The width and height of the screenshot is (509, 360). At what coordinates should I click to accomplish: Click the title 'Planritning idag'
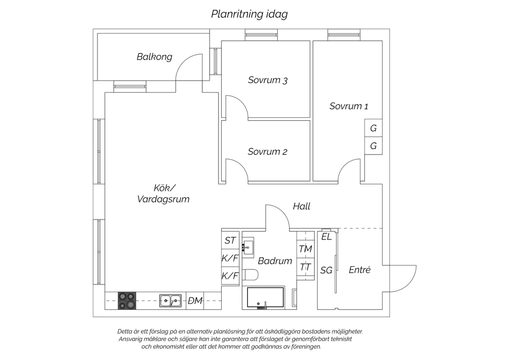(249, 14)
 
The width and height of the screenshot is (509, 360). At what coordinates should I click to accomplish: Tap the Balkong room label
(154, 57)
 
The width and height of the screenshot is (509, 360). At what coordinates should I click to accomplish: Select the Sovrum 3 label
(268, 80)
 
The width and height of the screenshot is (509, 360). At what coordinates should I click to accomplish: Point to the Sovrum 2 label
(267, 152)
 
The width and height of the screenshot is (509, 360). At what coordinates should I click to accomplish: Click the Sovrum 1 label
(349, 106)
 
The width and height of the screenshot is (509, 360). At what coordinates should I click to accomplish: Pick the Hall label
(302, 206)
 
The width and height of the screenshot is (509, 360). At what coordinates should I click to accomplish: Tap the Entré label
(359, 270)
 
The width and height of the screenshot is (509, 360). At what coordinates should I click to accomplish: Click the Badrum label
(275, 261)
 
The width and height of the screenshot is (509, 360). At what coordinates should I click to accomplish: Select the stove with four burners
(127, 301)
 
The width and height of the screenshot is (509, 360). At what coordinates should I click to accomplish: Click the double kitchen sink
(170, 301)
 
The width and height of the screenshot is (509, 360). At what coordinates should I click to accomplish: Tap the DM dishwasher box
(195, 301)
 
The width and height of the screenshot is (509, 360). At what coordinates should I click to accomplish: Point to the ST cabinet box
(230, 240)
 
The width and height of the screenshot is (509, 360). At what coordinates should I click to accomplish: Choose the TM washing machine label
(305, 249)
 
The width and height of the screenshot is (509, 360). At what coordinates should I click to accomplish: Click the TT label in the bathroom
(305, 267)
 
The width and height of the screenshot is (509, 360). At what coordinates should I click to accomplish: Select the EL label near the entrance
(326, 237)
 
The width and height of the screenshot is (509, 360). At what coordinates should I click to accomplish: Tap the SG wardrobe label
(326, 270)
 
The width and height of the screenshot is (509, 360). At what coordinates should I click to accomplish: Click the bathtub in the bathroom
(265, 298)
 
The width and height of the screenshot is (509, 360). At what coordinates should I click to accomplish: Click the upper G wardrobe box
(373, 128)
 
